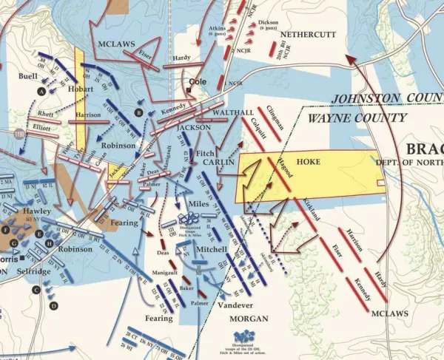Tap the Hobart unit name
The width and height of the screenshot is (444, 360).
click(x=81, y=89)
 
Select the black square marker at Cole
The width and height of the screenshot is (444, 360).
click(x=189, y=90)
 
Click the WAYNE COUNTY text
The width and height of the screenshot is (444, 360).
click(x=357, y=118)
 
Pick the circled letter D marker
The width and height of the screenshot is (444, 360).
click(x=53, y=305)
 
